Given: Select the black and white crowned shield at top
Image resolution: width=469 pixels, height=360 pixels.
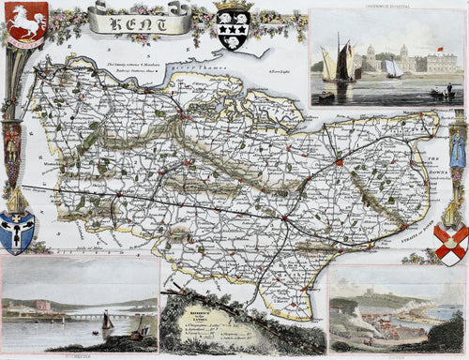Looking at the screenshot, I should (233, 24).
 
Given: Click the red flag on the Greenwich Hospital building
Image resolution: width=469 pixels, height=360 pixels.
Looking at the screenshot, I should (438, 49).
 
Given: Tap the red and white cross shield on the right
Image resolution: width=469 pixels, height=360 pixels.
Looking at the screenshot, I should (453, 244).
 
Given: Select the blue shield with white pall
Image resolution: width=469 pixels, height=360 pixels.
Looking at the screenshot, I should (18, 232).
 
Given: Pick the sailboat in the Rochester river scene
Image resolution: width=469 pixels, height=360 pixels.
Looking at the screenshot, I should (108, 323).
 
